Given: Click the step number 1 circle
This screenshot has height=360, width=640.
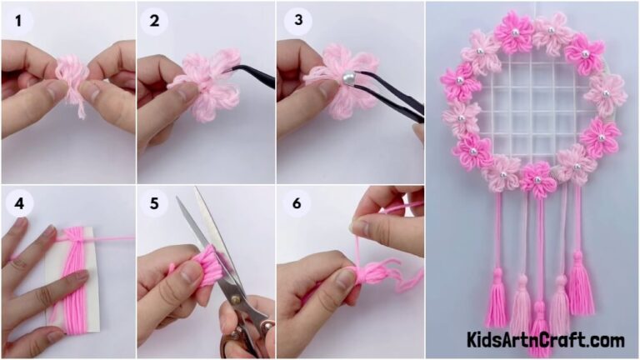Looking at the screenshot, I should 17,20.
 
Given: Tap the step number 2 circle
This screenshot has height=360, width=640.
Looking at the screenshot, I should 154,20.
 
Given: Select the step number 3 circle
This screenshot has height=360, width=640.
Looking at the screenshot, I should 292,20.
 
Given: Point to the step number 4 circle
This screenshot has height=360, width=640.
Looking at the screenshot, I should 17,202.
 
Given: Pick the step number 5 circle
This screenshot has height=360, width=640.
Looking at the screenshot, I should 154,202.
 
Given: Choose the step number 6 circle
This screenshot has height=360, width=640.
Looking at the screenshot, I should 292,202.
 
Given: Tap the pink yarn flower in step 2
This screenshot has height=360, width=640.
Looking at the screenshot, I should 202,82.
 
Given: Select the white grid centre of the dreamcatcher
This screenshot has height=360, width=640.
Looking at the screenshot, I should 532,104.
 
